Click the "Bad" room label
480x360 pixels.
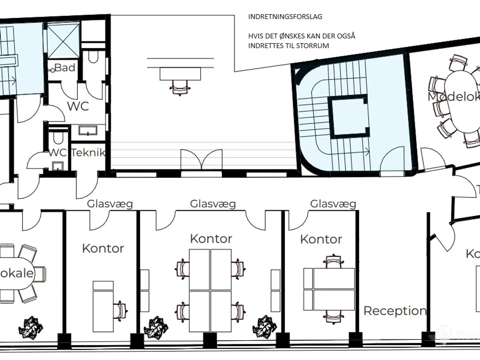click(65, 68)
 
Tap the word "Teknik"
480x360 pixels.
click(88, 153)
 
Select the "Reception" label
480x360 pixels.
click(395, 311)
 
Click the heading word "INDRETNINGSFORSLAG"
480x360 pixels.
click(285, 17)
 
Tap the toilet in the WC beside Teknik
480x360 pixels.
click(58, 138)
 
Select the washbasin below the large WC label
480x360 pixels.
click(88, 130)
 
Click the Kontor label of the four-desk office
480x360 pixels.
click(211, 238)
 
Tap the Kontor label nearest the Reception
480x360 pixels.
click(321, 239)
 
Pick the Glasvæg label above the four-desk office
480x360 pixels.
click(213, 204)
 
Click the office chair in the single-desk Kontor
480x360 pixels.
click(122, 310)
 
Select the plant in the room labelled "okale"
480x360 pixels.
click(31, 327)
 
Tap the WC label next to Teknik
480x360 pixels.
click(57, 153)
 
